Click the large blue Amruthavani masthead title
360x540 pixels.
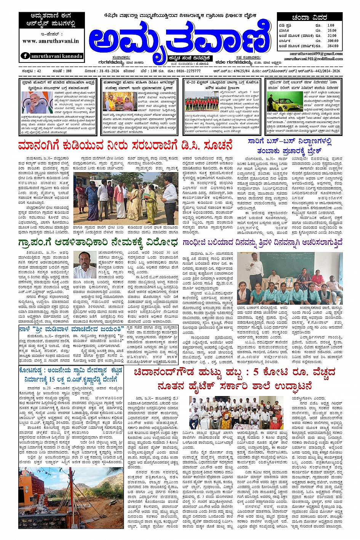179,37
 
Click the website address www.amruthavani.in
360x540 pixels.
51,41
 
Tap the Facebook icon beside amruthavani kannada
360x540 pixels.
25,56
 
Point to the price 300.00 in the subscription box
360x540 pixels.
333,40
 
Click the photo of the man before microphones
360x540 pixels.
37,102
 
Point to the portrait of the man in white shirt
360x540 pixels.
85,265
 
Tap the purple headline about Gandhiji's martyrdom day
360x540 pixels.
262,242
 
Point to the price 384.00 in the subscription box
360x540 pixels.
333,46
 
